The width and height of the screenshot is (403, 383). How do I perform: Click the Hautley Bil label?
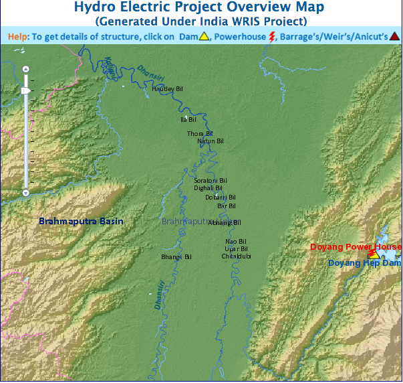(167, 88)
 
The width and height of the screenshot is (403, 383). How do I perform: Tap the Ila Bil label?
(188, 119)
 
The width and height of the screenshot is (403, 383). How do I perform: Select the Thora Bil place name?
(199, 134)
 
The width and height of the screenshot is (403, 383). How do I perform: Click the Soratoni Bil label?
(211, 181)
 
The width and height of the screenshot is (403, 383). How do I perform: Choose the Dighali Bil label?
(208, 189)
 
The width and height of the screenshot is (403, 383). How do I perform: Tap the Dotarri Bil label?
(221, 198)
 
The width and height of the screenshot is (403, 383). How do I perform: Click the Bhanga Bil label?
(176, 256)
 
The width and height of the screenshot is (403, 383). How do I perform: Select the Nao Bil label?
(236, 241)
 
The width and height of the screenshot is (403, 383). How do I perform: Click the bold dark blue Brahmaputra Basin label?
(81, 221)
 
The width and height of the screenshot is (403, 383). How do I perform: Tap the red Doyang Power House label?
(356, 247)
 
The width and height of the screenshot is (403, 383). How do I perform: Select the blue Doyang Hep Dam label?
(364, 263)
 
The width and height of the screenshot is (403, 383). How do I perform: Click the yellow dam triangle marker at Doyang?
(374, 255)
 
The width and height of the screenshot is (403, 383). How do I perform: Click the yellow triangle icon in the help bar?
(205, 36)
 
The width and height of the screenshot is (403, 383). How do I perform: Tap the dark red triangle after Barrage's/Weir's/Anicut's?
(395, 36)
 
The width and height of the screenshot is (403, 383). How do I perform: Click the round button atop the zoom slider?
(25, 69)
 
